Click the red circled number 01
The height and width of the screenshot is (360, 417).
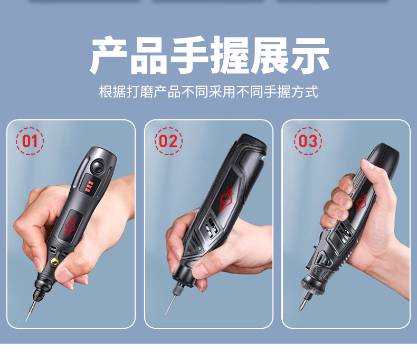[30, 141]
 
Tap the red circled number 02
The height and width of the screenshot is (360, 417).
[168, 141]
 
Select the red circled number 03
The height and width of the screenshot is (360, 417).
[308, 141]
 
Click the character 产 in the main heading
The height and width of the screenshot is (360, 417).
[108, 55]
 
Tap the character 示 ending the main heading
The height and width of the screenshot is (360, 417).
[310, 55]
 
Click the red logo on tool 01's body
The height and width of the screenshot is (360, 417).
[71, 225]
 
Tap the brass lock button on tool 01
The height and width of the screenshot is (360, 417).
[54, 262]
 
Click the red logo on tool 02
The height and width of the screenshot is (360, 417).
[226, 198]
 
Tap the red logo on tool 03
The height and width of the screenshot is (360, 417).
[361, 203]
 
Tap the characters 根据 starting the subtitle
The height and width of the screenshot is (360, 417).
[112, 92]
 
